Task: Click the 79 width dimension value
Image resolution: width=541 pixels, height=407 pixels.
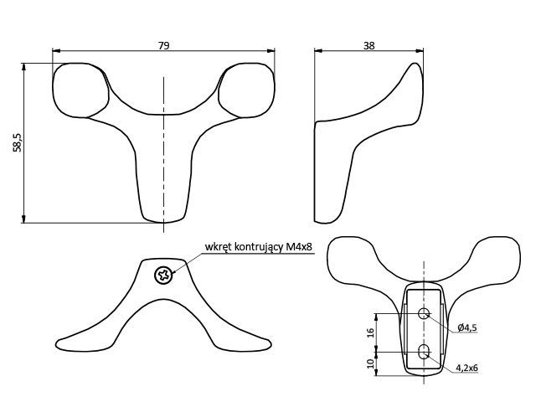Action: [164, 45]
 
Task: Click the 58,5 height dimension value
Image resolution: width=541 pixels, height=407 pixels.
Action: [18, 143]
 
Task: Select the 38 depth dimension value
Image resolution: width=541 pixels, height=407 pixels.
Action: [368, 45]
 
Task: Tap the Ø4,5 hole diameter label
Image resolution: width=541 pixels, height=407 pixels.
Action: [467, 327]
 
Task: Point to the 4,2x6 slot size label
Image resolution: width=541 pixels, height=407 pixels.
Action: [466, 368]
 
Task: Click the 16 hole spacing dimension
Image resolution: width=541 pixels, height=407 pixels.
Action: [370, 332]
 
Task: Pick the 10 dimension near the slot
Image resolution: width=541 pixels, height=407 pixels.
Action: [370, 363]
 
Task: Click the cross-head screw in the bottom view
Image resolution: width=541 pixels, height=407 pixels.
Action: [163, 276]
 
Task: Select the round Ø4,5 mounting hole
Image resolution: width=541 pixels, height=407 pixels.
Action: [424, 313]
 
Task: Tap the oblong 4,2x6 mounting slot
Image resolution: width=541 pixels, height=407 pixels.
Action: [424, 352]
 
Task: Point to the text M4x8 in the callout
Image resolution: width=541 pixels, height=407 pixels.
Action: [299, 247]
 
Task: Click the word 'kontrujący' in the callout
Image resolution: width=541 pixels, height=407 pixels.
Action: [259, 248]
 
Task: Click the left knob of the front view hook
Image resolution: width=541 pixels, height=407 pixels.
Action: [80, 90]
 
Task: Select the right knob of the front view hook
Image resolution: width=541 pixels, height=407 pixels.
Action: [247, 90]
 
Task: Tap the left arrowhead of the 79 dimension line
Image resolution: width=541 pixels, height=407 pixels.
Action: [56, 51]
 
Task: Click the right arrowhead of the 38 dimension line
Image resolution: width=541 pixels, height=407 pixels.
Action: [420, 51]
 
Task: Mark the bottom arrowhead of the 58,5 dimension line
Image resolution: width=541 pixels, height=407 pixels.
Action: [23, 219]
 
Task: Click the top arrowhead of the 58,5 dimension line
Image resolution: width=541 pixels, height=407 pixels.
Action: [23, 67]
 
